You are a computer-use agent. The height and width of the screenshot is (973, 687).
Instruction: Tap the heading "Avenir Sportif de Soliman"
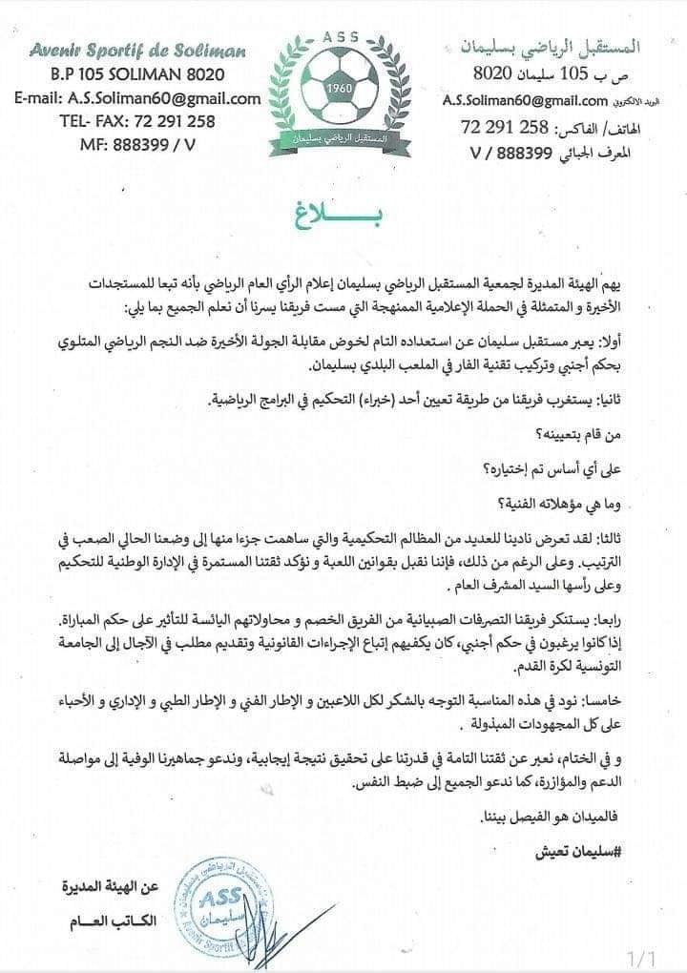click(137, 50)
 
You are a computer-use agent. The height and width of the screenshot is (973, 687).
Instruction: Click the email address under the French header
click(137, 97)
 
